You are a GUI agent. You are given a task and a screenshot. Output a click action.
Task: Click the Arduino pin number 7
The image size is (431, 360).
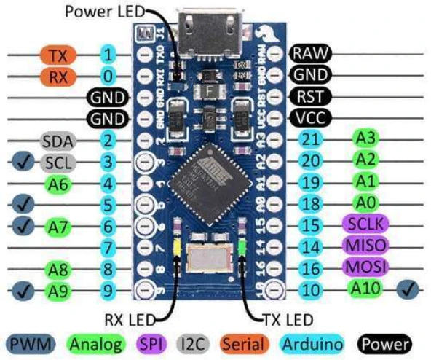click(108, 248)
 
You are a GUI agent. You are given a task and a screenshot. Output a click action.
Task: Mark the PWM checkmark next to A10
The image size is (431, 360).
click(406, 290)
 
